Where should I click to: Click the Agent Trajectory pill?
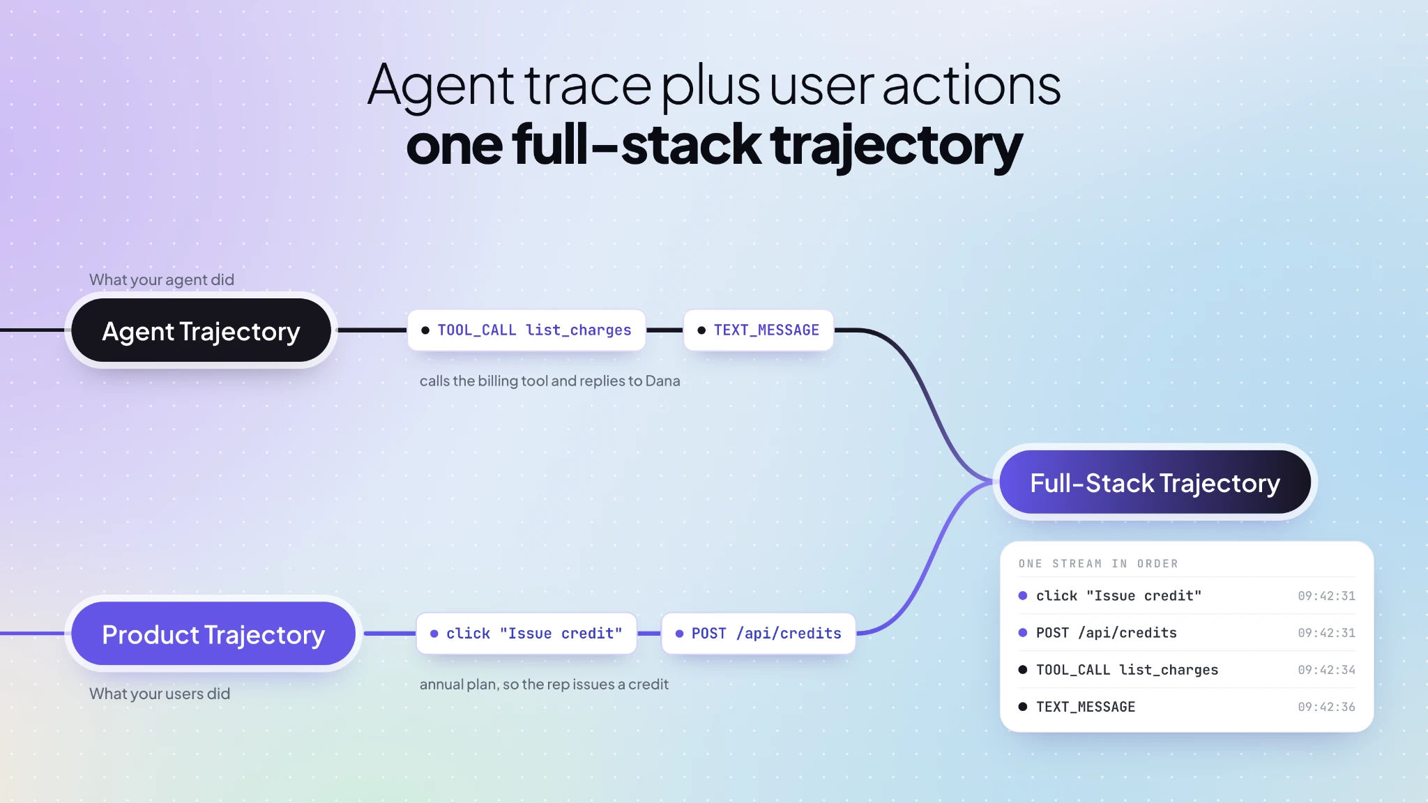(201, 330)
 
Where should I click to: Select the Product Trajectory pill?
(213, 634)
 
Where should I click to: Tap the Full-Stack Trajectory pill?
(1155, 482)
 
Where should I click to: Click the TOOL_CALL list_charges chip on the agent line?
(526, 330)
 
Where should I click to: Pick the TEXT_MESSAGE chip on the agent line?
(759, 330)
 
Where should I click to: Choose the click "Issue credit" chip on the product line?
(526, 634)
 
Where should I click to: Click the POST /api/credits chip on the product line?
(759, 634)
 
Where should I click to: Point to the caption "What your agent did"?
(162, 280)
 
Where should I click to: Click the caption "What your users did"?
(160, 694)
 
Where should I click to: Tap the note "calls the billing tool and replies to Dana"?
(549, 381)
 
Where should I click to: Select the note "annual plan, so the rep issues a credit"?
(544, 685)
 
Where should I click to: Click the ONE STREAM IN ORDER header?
(1098, 564)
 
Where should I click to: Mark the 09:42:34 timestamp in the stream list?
(1326, 670)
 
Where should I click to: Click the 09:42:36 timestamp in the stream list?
(1326, 707)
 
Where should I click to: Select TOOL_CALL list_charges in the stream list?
(1127, 670)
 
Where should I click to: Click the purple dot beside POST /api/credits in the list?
(1023, 633)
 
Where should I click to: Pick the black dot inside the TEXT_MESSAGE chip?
(701, 330)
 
